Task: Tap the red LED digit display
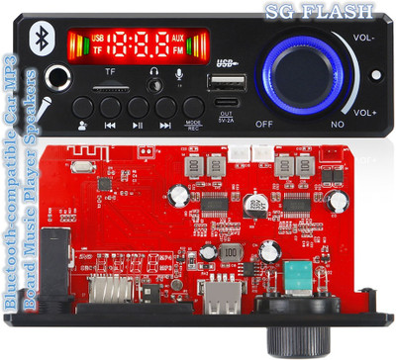click(x=139, y=45)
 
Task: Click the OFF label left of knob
click(x=264, y=125)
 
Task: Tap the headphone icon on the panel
click(x=154, y=74)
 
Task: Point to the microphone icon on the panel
click(x=180, y=74)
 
